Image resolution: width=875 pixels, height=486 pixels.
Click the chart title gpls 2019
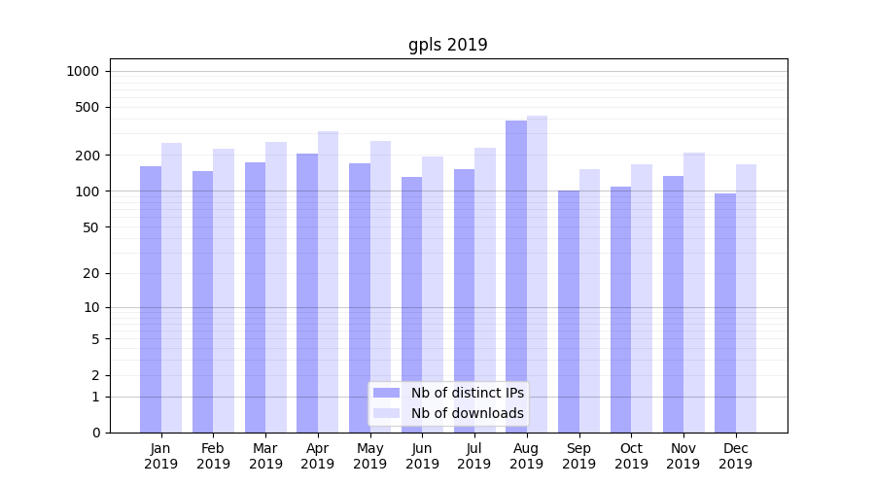(447, 45)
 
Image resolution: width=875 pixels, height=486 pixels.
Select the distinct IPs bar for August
(516, 277)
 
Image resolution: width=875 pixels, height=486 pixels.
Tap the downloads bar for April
(329, 282)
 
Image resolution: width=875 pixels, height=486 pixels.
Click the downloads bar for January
(172, 288)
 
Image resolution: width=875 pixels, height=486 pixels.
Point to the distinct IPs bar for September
(569, 311)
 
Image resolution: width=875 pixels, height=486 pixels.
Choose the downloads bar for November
(694, 293)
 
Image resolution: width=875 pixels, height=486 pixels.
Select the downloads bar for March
(276, 287)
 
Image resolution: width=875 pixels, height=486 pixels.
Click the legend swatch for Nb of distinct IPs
(387, 393)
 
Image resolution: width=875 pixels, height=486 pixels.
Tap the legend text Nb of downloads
(467, 413)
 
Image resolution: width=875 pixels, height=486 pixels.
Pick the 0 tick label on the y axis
(96, 433)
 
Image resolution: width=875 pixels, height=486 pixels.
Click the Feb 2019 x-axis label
(213, 456)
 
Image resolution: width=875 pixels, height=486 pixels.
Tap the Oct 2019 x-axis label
(631, 456)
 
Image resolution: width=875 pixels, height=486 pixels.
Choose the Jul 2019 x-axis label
(474, 456)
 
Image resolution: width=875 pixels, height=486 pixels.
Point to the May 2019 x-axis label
(369, 456)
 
